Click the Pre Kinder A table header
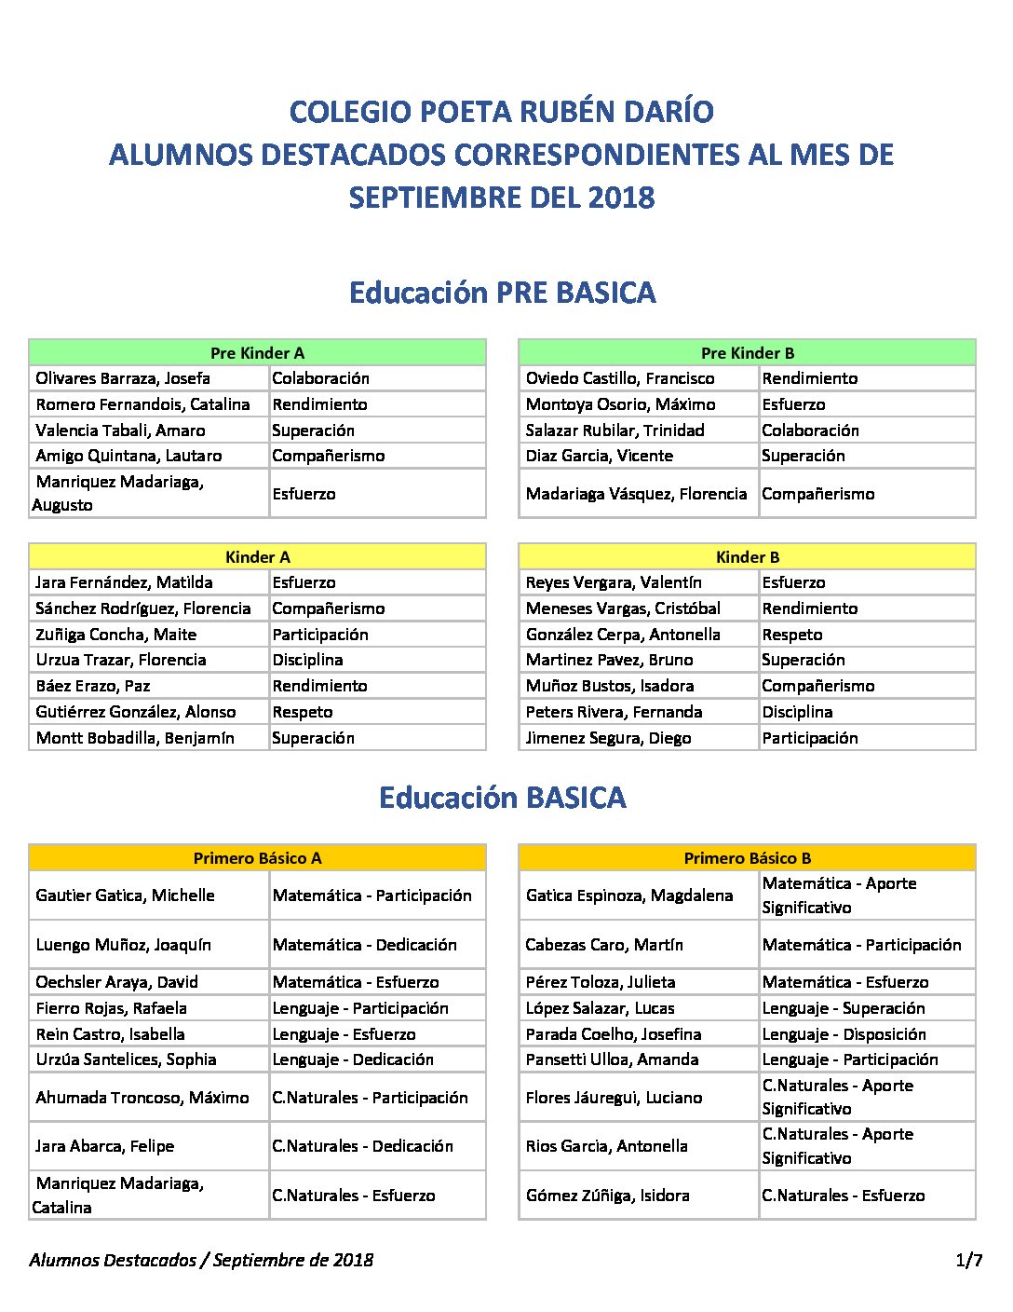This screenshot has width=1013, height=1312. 257,353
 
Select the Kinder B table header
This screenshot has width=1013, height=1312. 747,557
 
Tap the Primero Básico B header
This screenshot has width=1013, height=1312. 747,858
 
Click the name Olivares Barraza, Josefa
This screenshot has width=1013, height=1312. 123,378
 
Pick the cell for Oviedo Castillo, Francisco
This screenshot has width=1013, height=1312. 620,378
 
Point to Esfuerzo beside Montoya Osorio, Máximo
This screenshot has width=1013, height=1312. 793,404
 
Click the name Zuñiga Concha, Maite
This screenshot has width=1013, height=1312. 116,635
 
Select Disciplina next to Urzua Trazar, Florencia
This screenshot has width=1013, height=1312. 307,660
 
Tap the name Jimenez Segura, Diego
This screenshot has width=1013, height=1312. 608,738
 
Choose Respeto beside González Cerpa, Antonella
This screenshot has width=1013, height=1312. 792,635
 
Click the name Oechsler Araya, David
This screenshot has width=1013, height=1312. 117,982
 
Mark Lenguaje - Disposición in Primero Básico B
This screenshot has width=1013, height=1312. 844,1034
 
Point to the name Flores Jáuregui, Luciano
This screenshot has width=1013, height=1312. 614,1098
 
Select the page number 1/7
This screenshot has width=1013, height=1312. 968,1261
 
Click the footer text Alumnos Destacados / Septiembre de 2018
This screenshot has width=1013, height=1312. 201,1261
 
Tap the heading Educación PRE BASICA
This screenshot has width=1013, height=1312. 503,293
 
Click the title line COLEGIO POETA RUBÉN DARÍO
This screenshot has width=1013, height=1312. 502,112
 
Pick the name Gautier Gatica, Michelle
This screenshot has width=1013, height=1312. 125,895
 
